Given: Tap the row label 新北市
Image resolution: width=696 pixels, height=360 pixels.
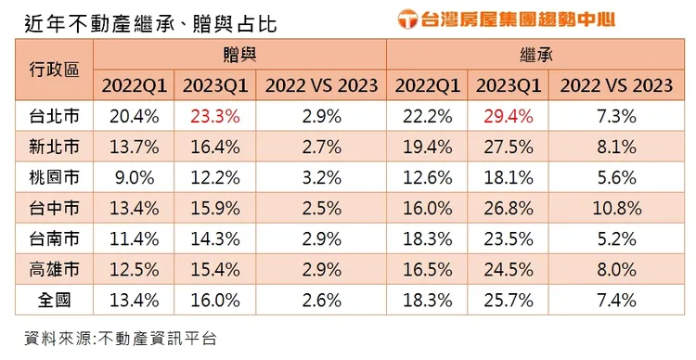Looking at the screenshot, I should (x=54, y=147).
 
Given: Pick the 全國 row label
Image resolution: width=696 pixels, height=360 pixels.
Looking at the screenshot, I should (x=54, y=300).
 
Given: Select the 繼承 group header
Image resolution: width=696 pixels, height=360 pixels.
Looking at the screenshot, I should (x=535, y=55).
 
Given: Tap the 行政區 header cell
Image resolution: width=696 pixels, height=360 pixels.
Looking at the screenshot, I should (x=54, y=70).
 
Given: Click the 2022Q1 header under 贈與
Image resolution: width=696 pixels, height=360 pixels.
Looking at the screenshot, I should (x=134, y=85).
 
